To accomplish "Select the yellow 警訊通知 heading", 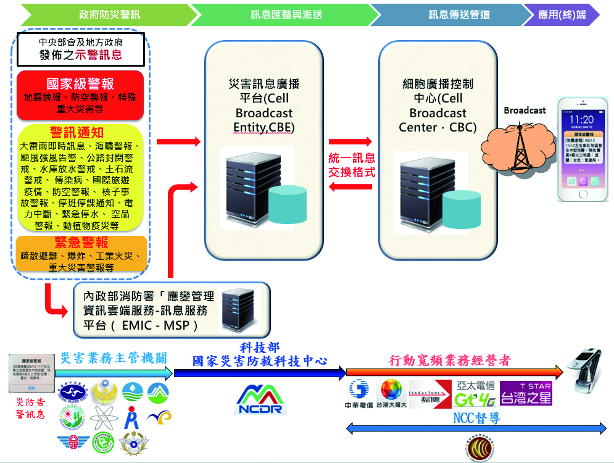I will [x=80, y=133].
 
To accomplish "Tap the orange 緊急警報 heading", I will [x=80, y=243].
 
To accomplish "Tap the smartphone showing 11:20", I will [x=583, y=149].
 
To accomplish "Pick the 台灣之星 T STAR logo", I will [x=526, y=394].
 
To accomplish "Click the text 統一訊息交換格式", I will [x=353, y=165].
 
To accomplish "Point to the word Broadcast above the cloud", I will [x=525, y=111].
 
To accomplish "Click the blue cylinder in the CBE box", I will [x=286, y=204].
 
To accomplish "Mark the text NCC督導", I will [x=476, y=419].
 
